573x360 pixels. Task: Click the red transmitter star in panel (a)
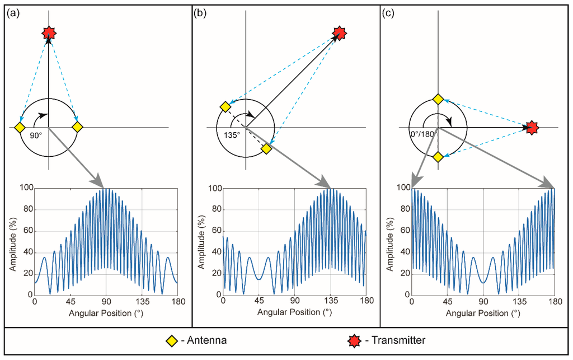point(49,33)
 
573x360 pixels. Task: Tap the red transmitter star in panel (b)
point(339,33)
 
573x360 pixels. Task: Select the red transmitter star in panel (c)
point(532,128)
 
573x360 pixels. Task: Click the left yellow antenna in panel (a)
point(20,128)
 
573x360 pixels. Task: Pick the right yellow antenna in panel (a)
point(77,128)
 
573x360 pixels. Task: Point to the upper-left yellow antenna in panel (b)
point(225,107)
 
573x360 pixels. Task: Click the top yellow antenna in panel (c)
point(438,100)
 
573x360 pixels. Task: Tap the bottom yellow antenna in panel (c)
point(438,157)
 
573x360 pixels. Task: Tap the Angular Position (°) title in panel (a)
point(105,312)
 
